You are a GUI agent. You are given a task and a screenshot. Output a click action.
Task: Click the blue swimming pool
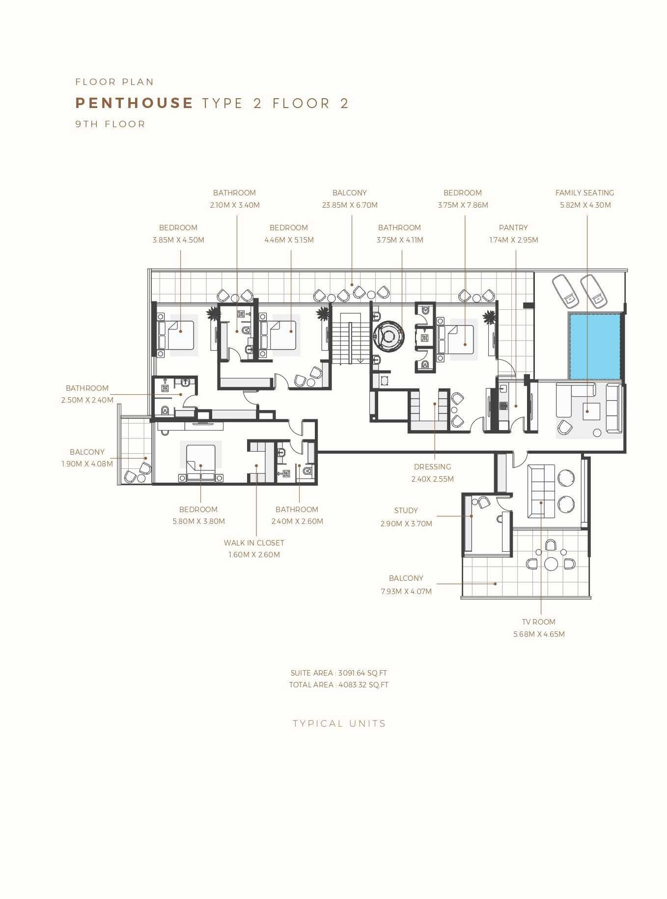tap(595, 346)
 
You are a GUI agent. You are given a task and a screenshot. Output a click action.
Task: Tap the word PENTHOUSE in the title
tap(134, 103)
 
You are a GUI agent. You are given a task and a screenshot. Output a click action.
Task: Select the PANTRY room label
tap(513, 228)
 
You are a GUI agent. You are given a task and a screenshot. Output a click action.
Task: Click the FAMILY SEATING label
tap(584, 193)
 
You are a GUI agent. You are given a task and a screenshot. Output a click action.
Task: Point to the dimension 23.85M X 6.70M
tap(350, 205)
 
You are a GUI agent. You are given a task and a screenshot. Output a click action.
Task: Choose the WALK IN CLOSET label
tap(254, 543)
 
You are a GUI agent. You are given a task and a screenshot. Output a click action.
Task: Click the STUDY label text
tap(406, 511)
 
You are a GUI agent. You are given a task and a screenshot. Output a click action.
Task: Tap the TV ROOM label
tap(539, 622)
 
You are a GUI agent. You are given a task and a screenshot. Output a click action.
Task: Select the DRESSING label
tap(432, 467)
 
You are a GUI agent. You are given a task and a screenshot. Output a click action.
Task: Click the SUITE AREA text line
tap(339, 673)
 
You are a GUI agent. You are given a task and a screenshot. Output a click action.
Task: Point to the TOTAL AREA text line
tap(339, 685)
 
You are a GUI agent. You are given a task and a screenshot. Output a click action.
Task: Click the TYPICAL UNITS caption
tap(339, 724)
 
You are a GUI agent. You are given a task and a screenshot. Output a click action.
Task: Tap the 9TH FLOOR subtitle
tap(111, 124)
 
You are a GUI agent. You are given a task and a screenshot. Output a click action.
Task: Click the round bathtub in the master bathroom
tap(389, 336)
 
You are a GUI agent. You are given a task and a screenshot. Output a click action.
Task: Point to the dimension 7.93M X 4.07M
tap(406, 592)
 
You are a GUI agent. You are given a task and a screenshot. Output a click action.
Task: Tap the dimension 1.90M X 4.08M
tap(87, 464)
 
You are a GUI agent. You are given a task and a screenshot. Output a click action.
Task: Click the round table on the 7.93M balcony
tap(551, 564)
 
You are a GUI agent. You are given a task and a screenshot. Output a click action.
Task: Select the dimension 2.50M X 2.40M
tap(87, 400)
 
